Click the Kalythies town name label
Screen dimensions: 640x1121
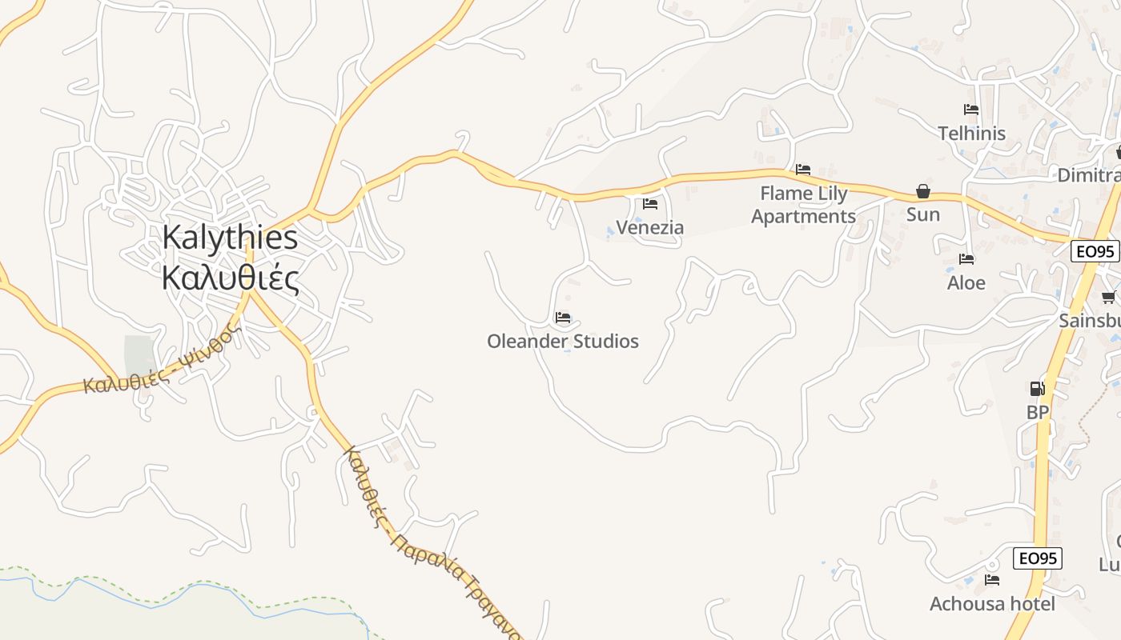pos(230,238)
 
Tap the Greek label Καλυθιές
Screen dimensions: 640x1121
pos(230,279)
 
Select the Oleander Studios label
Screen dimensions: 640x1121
pos(563,342)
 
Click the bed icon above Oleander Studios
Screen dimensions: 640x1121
pos(563,318)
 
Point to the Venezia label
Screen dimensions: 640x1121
pos(650,228)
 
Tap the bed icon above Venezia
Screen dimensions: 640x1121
pos(650,204)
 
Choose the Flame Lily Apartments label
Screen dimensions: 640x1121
pos(803,205)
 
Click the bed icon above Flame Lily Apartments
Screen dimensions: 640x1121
pos(803,170)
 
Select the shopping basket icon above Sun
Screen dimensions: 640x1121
pos(923,191)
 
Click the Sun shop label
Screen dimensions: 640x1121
pos(923,214)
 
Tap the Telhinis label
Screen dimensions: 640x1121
pos(972,134)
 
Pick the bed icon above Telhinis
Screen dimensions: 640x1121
pos(971,110)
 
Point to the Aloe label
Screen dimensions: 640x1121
pos(966,283)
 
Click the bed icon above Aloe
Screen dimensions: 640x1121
pos(966,259)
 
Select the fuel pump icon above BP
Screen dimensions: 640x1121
pos(1037,389)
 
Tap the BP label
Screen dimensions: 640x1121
pos(1038,413)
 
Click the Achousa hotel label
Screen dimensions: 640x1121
pos(992,604)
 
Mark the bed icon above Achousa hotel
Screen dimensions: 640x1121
pos(992,580)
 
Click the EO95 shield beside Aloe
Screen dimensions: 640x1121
pos(1095,251)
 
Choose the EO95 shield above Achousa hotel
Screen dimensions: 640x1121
pos(1038,558)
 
